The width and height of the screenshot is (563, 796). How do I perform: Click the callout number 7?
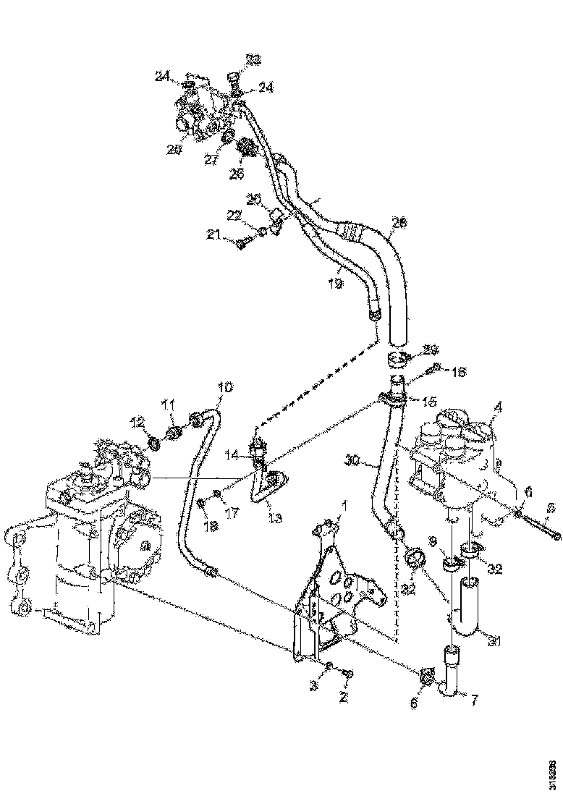coord(475,700)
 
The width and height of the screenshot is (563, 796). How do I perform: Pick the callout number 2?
coord(344,698)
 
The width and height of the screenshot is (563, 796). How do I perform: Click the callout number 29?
coord(430,350)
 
